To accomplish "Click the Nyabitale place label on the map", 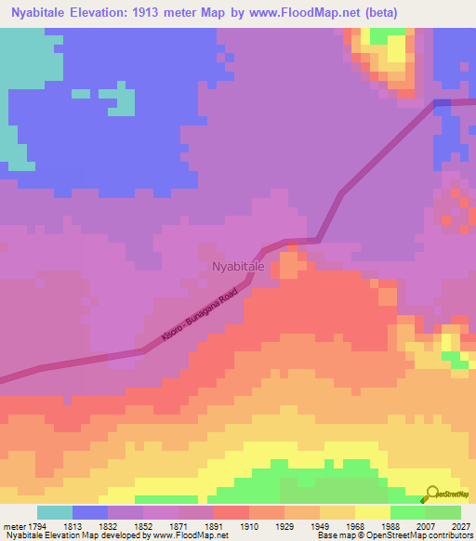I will (x=238, y=267).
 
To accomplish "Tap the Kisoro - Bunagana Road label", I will (x=200, y=319).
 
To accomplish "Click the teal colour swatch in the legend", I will (x=55, y=512).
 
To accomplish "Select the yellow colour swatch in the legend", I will (x=373, y=512).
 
